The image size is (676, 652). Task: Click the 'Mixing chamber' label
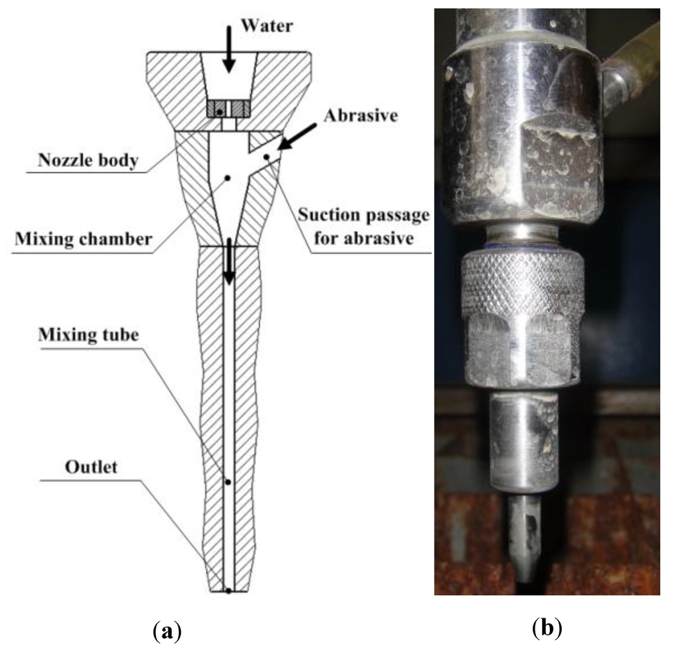pyautogui.click(x=82, y=238)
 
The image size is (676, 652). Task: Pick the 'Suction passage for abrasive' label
pyautogui.click(x=364, y=226)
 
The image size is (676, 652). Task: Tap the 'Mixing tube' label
pyautogui.click(x=98, y=335)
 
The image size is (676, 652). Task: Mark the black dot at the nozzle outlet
pyautogui.click(x=228, y=591)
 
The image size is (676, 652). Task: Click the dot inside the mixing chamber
pyautogui.click(x=226, y=178)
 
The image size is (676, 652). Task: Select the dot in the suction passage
pyautogui.click(x=266, y=156)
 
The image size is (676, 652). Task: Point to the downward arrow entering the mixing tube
pyautogui.click(x=228, y=264)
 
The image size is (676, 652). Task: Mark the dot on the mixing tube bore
pyautogui.click(x=228, y=482)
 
